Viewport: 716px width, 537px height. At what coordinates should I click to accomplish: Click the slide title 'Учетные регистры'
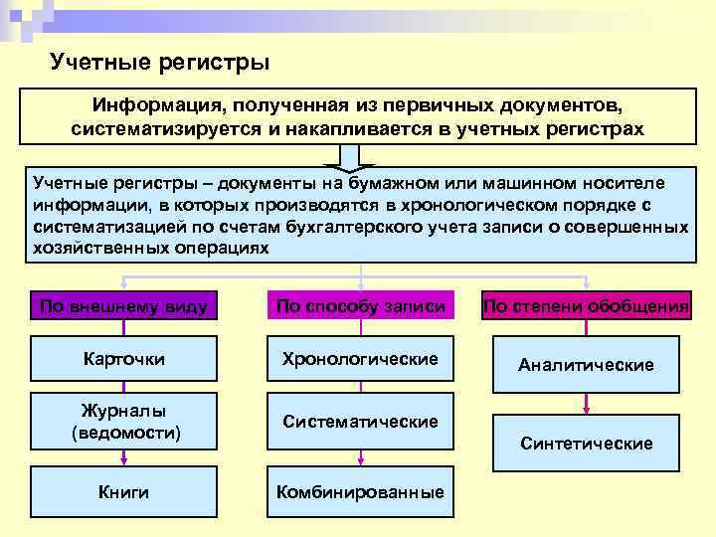click(x=159, y=63)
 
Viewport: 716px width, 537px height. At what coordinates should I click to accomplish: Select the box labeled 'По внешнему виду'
click(x=123, y=306)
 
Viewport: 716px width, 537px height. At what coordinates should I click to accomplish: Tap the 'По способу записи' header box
click(x=360, y=306)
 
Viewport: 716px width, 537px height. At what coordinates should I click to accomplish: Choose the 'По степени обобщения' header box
click(x=587, y=306)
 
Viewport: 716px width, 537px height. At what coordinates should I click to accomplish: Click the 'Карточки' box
click(x=123, y=358)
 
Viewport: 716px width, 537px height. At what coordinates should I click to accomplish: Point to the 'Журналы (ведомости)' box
click(x=123, y=422)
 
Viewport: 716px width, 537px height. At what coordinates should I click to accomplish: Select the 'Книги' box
click(x=123, y=491)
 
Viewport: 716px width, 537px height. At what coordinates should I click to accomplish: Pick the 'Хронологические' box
click(x=360, y=358)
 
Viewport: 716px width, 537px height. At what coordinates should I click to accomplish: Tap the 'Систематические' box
click(x=360, y=422)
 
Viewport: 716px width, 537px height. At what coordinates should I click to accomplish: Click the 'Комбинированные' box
click(x=360, y=491)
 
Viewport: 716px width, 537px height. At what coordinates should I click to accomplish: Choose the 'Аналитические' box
click(x=587, y=365)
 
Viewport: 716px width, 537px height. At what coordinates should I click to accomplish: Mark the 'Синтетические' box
click(x=587, y=443)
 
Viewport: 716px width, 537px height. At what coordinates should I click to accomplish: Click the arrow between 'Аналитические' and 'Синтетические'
click(x=587, y=404)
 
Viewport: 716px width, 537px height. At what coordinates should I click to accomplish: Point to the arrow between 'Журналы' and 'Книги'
click(x=123, y=456)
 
